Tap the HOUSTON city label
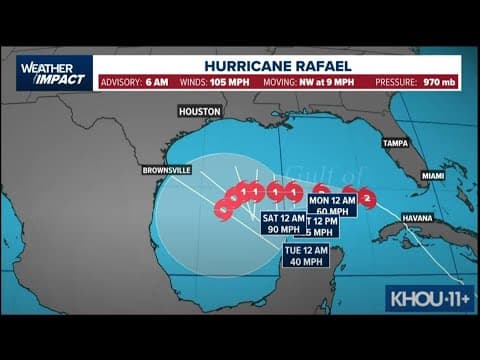[x=199, y=111]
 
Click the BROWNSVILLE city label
[x=167, y=169]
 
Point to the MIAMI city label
[x=432, y=175]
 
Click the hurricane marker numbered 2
[x=367, y=199]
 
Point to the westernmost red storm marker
[x=223, y=209]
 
